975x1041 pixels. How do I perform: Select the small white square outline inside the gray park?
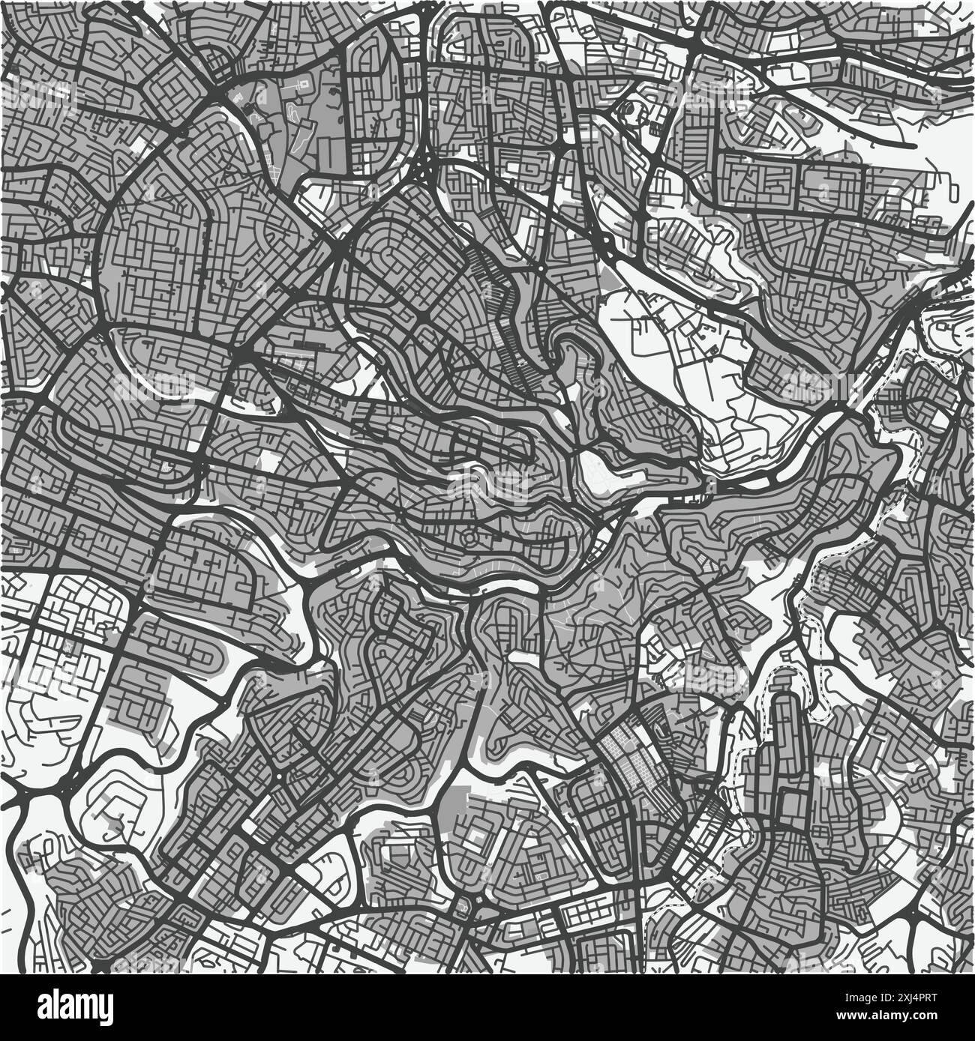(x=304, y=82)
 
